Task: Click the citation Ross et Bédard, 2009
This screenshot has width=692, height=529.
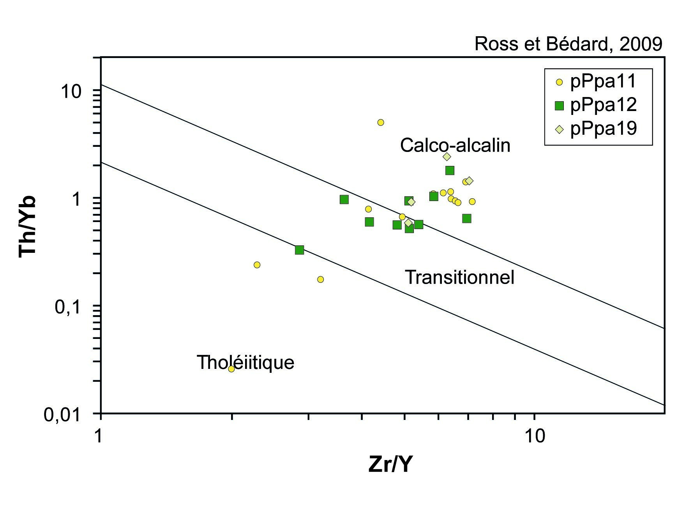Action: click(568, 44)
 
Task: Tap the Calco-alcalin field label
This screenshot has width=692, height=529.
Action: click(455, 145)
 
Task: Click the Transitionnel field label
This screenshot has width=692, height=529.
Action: click(460, 277)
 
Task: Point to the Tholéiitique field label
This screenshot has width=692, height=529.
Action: click(245, 362)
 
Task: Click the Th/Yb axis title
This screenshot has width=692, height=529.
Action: click(27, 226)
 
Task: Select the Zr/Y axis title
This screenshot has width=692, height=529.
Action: click(390, 464)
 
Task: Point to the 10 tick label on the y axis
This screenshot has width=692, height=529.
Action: click(70, 92)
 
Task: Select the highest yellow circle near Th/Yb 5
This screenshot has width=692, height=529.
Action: click(381, 122)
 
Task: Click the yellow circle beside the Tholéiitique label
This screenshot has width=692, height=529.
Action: click(231, 369)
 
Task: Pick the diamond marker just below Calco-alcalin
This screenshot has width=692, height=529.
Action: click(447, 157)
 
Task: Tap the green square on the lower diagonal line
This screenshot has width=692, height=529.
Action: click(299, 250)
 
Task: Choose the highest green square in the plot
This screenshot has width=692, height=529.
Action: click(450, 170)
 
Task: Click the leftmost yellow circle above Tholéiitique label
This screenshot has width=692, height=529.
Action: click(257, 265)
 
